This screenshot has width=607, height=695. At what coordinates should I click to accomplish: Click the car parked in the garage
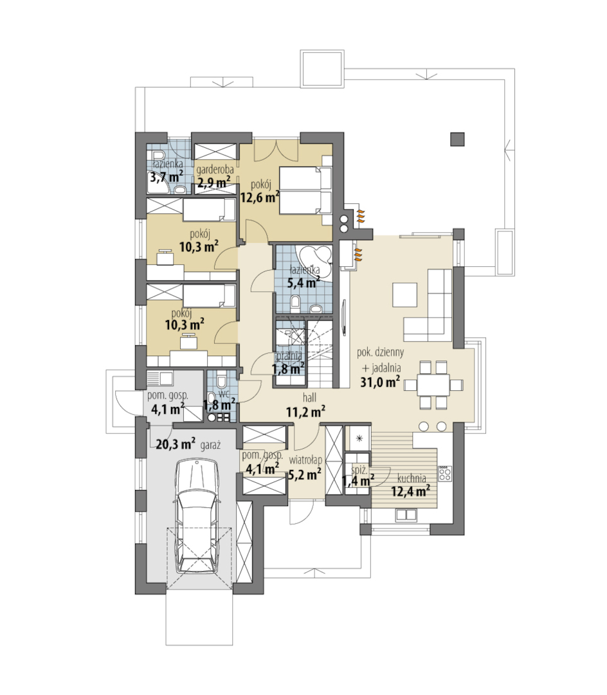197,516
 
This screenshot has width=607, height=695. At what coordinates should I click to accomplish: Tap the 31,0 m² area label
380,382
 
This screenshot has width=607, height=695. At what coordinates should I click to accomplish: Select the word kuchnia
412,478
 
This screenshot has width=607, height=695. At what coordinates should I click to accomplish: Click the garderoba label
215,169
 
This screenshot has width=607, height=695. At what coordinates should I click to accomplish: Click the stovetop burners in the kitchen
445,474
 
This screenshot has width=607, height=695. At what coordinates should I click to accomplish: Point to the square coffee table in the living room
405,294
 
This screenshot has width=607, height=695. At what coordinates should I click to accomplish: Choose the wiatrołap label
305,460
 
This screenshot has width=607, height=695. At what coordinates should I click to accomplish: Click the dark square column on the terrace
457,139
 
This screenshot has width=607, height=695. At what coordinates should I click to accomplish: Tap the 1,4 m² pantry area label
358,480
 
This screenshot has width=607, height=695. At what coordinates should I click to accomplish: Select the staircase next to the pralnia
319,352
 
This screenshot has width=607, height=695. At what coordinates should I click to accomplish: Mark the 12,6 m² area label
260,196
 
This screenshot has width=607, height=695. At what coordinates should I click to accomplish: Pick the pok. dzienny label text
381,353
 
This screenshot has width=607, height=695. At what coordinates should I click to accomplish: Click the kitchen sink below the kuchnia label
406,514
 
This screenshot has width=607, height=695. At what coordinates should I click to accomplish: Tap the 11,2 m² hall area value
305,411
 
